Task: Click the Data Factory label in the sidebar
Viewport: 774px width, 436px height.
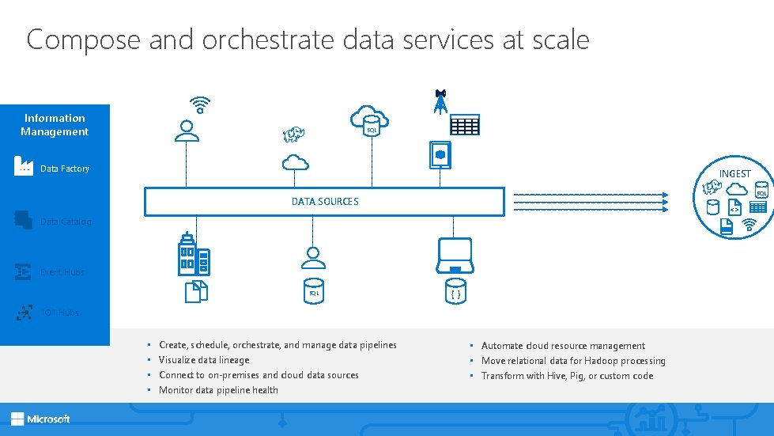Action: point(65,169)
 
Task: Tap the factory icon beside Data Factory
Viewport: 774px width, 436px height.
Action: point(24,166)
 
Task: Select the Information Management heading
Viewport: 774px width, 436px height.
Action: point(55,125)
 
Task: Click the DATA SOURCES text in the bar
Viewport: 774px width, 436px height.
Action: point(324,202)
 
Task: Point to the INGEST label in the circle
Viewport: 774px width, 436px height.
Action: point(734,173)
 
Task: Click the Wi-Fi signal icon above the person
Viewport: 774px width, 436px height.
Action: point(200,105)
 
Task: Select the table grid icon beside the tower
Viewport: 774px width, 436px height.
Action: point(465,124)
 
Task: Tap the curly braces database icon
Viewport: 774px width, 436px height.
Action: point(455,292)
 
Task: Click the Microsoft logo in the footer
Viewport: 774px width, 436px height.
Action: point(40,419)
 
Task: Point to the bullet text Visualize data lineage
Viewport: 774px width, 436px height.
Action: point(204,360)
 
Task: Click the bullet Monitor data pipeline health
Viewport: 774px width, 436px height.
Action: point(218,390)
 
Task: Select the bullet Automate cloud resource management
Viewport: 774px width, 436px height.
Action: point(563,346)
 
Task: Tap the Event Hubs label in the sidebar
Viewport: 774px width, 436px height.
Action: point(62,272)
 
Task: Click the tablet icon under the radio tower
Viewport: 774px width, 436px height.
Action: point(439,154)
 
